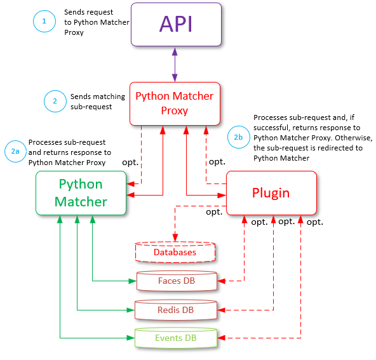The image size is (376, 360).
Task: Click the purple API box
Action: [176, 24]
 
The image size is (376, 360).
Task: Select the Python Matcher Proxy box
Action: [175, 103]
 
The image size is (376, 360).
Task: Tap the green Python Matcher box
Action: [80, 193]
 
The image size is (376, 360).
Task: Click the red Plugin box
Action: [271, 193]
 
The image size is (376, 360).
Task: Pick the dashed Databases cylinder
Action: [175, 252]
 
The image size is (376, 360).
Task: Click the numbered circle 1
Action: [44, 21]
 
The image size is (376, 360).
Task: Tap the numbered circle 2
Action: [55, 101]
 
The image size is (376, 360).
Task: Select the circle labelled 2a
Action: [15, 151]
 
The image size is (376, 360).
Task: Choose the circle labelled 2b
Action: [238, 137]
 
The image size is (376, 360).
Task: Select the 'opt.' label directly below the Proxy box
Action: [217, 163]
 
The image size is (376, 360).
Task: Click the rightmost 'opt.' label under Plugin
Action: [314, 222]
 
